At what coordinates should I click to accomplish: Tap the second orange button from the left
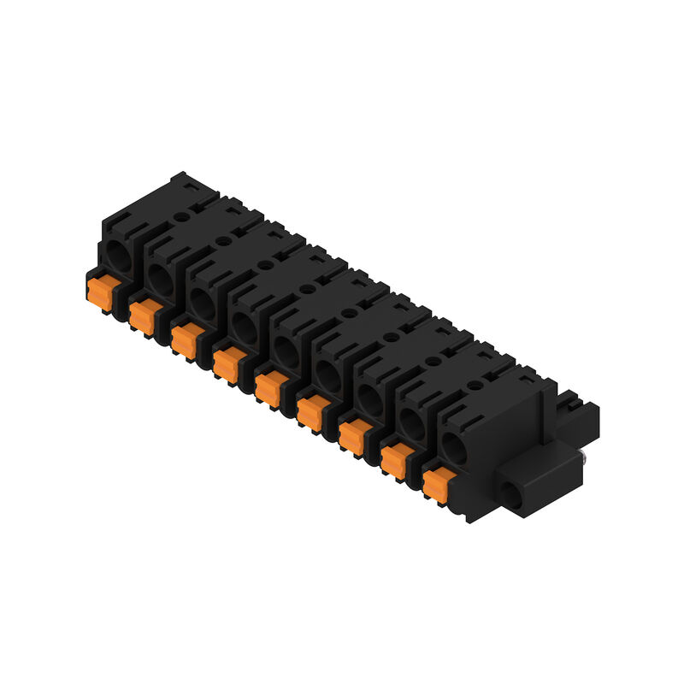(142, 315)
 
